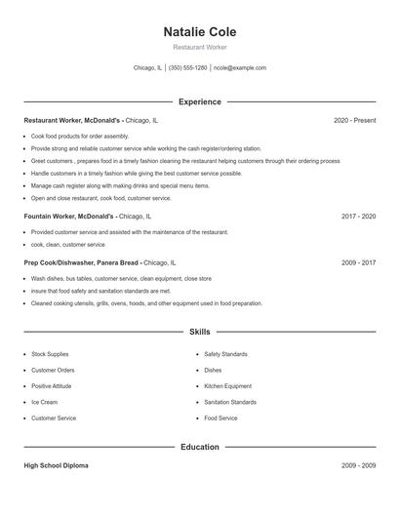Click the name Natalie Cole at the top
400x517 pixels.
coord(199,31)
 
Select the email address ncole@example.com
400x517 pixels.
coord(239,68)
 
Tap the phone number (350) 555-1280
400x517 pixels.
coord(187,68)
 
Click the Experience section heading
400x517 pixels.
coord(199,101)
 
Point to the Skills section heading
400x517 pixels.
coord(199,333)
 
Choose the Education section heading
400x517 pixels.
coord(199,447)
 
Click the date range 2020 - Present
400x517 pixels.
coord(354,120)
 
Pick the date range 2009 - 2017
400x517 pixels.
coord(359,262)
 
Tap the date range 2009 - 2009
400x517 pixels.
coord(359,466)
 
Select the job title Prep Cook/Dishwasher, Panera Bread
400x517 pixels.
coord(82,262)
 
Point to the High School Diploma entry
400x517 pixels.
coord(56,466)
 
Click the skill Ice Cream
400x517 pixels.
coord(44,402)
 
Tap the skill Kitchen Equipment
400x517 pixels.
coord(227,386)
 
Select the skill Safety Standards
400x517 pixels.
coord(225,354)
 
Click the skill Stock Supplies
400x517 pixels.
coord(49,354)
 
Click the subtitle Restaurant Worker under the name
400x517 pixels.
coord(199,47)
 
